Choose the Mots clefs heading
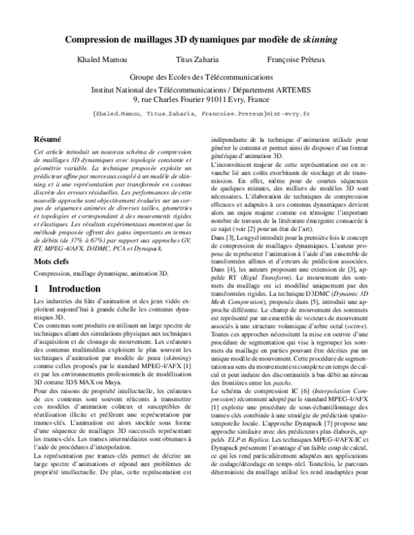[54, 243]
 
